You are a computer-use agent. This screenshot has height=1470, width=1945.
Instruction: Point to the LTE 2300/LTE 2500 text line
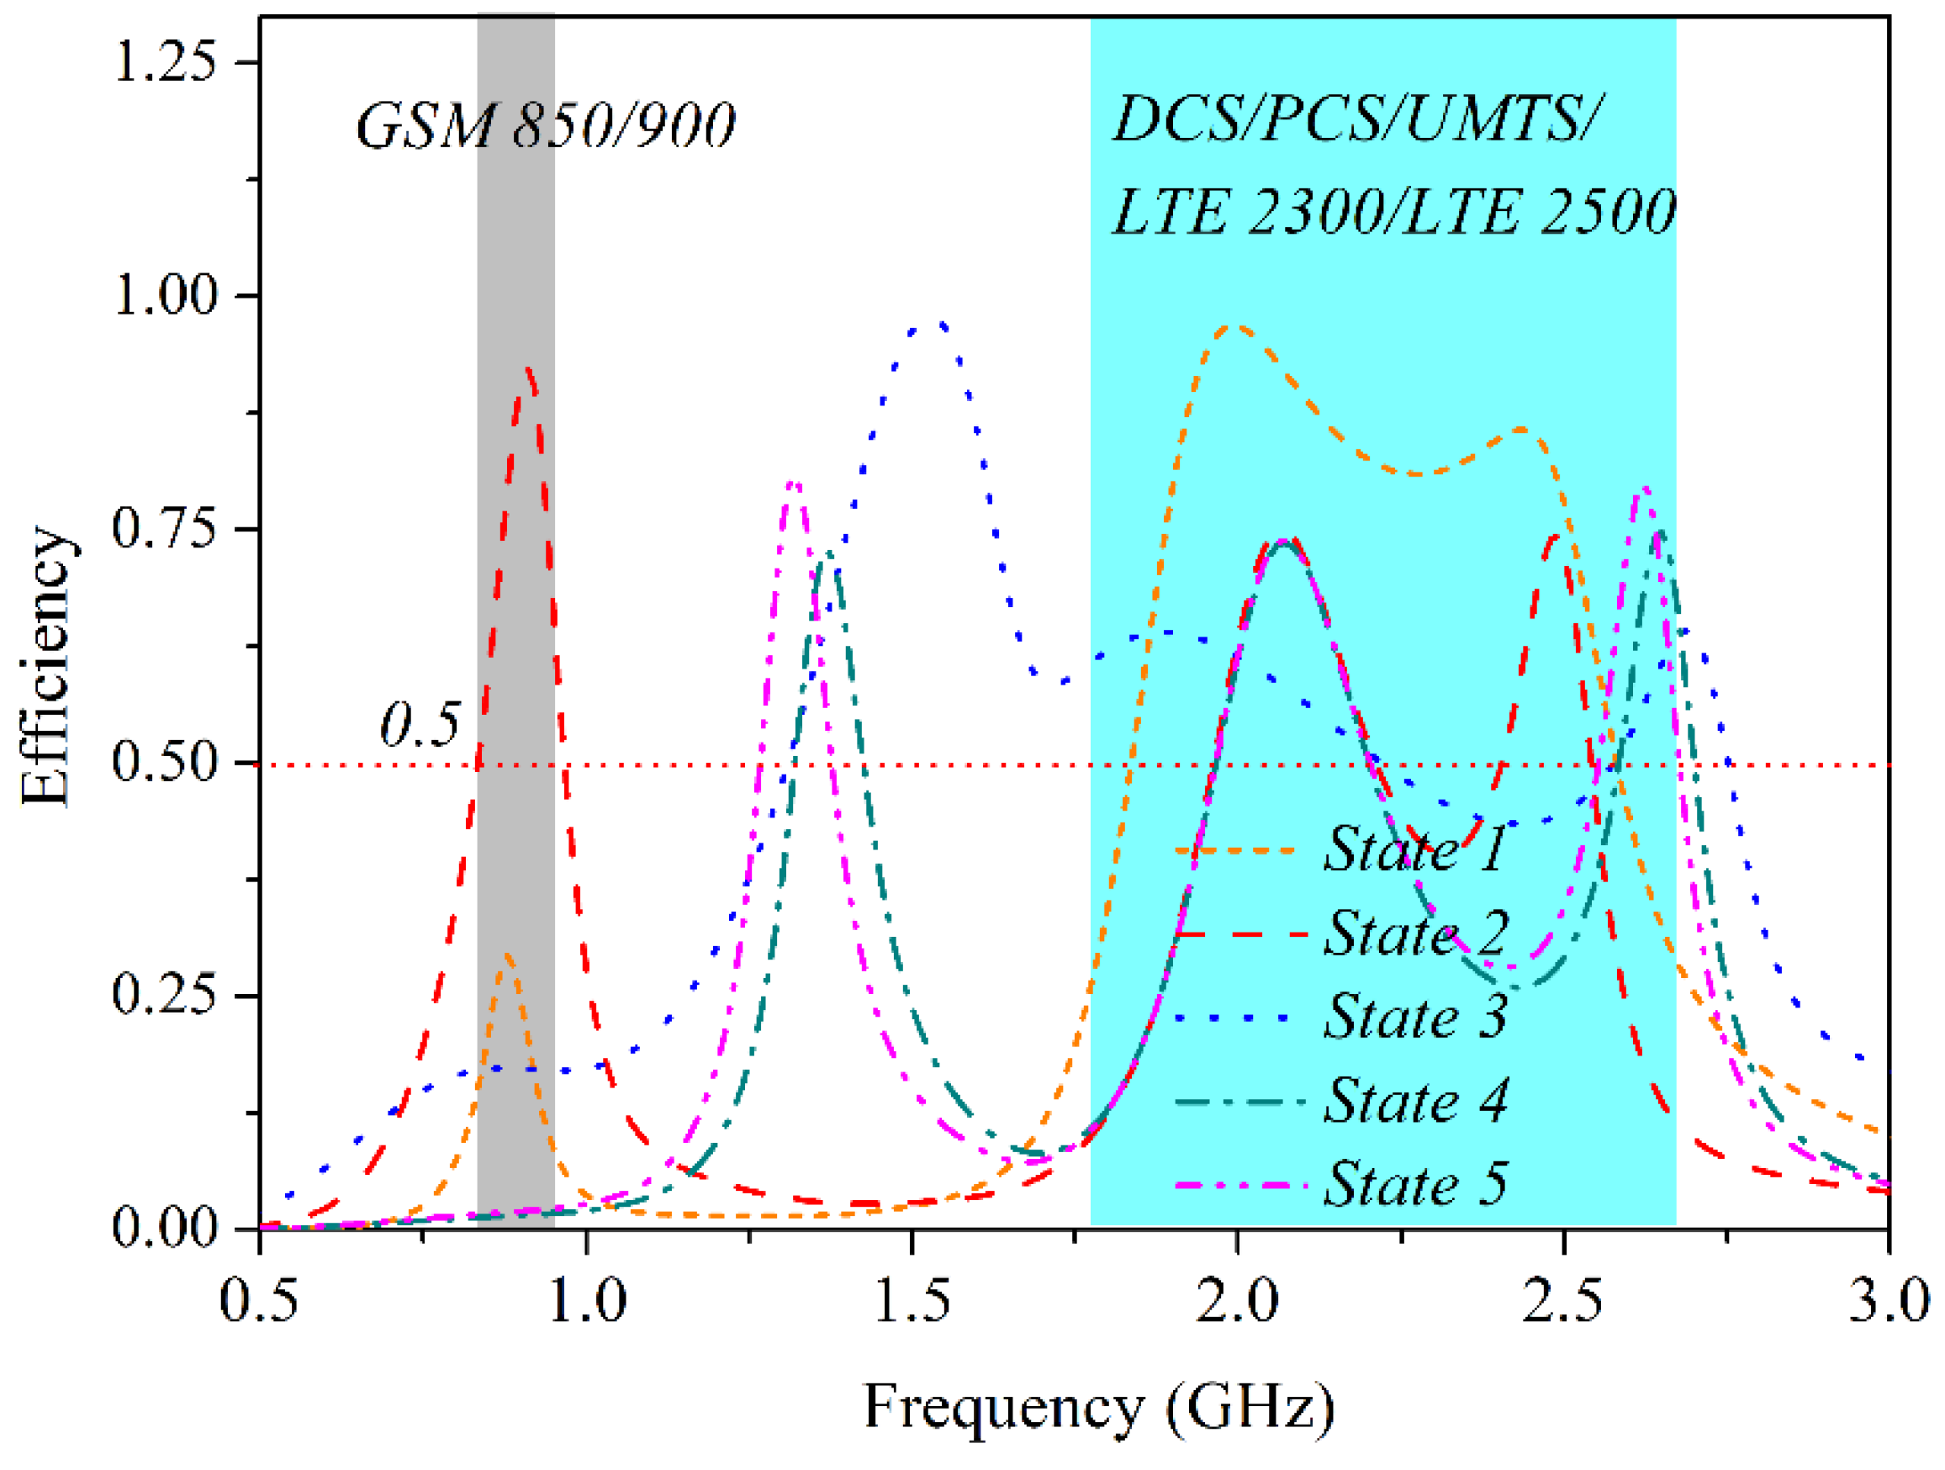tap(1393, 212)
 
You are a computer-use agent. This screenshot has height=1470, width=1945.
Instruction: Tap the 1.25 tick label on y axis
tap(165, 62)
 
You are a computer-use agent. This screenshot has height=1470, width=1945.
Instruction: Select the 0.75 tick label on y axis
tap(165, 528)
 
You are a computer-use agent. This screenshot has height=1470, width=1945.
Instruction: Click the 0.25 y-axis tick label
tap(165, 995)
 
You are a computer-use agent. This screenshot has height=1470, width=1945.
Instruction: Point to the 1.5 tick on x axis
tap(912, 1300)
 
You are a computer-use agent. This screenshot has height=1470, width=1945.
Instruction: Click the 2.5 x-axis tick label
tap(1563, 1300)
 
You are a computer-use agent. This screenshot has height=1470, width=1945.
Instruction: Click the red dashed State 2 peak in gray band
tap(527, 372)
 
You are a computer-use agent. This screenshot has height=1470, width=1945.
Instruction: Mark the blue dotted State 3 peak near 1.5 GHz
tap(941, 325)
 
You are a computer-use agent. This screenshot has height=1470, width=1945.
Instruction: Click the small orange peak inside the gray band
tap(507, 955)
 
